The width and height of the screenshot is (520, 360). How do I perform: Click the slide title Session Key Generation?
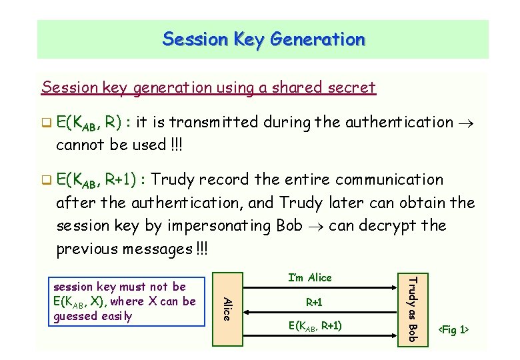(x=263, y=39)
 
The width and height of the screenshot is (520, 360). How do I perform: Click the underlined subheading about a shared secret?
(x=208, y=87)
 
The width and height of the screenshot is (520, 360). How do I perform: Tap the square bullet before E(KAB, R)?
(x=47, y=123)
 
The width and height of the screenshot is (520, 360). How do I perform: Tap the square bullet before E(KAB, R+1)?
(x=47, y=180)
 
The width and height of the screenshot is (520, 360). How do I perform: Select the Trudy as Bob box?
(x=411, y=309)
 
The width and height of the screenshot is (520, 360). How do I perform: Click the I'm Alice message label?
(x=309, y=277)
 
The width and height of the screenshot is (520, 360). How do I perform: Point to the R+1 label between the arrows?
(x=314, y=303)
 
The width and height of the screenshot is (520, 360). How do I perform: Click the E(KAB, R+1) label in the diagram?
(x=314, y=326)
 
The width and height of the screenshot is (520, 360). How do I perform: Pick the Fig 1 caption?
(x=453, y=330)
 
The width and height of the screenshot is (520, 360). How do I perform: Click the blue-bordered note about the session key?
(x=125, y=301)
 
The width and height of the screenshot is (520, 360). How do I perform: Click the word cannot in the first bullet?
(x=79, y=145)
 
